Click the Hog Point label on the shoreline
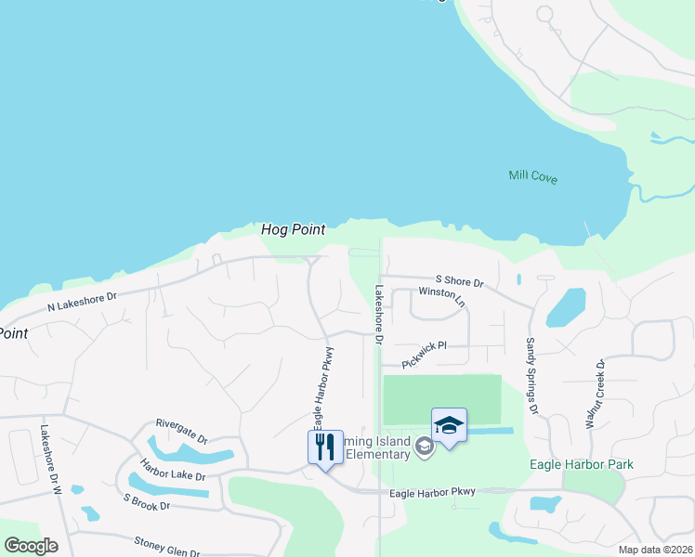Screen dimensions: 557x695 click(293, 228)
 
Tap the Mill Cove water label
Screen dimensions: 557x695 click(532, 176)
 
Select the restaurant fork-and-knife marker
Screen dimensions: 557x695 click(325, 447)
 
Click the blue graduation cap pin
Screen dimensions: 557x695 click(449, 425)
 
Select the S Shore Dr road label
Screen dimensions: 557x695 click(460, 281)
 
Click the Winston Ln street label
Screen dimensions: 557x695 click(441, 295)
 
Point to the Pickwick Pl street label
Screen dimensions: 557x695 click(425, 352)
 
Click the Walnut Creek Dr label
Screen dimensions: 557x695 click(595, 393)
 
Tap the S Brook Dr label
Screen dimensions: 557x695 click(147, 500)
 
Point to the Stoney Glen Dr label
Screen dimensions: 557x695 click(167, 546)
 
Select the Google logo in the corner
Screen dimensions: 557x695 click(31, 546)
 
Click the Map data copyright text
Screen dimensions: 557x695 click(655, 550)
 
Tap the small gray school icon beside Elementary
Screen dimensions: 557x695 click(425, 447)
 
